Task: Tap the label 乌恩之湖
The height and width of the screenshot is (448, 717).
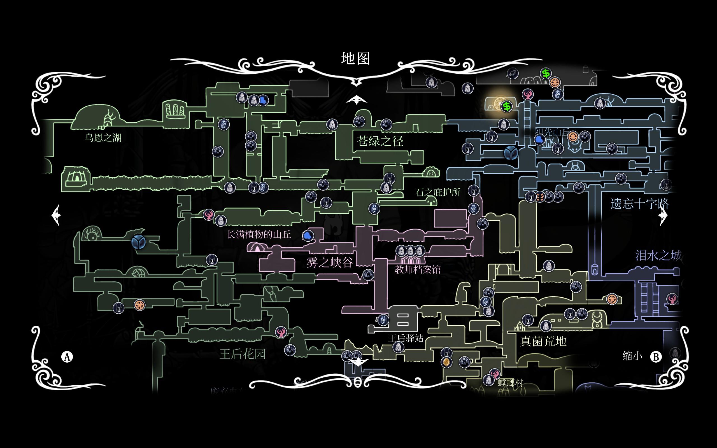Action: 103,138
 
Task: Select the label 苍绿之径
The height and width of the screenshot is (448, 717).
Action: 380,141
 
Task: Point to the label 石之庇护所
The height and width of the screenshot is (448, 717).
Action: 437,193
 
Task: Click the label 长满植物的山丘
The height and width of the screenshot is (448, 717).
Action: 259,235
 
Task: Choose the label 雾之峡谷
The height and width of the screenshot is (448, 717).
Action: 329,263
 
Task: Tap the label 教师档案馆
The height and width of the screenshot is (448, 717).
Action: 418,270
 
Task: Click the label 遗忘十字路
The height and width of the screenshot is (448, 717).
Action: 639,204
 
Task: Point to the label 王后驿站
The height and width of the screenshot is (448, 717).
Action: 406,338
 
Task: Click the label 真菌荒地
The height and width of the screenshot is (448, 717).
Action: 543,341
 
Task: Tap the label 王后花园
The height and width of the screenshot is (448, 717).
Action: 242,354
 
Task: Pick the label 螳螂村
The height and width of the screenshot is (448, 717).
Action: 510,383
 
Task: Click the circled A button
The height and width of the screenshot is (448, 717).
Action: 67,357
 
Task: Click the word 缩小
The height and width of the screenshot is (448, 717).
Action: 632,356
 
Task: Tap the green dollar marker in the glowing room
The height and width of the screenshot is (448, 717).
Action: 507,106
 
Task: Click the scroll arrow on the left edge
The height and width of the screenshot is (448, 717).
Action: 56,215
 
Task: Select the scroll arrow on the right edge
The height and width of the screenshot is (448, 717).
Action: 663,215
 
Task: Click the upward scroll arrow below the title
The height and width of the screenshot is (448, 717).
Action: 357,100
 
